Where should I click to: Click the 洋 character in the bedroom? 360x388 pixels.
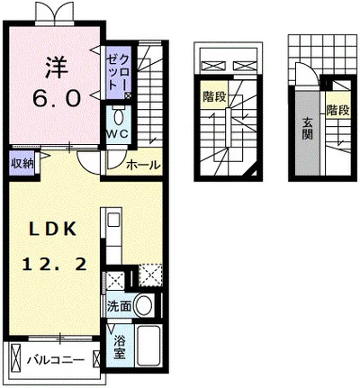coord(57,68)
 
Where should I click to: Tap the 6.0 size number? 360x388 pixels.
coord(57,99)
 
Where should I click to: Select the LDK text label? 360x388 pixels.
coord(52,230)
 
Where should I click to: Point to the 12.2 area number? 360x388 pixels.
coord(55,265)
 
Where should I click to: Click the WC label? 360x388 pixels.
coord(118,134)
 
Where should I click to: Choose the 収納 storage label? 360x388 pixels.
coord(22,164)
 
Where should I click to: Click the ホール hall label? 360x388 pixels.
coord(142,165)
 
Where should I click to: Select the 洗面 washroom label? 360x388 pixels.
coord(120,306)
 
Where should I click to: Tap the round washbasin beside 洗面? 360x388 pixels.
coord(144,305)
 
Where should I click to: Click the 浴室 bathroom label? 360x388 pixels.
coord(120,347)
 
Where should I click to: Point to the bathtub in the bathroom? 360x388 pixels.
coord(148,346)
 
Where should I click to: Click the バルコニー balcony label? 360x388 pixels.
coord(56,359)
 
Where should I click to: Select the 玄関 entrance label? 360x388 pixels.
coord(308,129)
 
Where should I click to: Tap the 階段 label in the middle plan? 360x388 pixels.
coord(214,97)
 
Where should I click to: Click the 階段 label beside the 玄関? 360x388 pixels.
coord(338,110)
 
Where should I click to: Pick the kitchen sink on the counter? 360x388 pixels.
coord(113,220)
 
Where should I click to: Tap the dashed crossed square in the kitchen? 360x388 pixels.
coord(150,275)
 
